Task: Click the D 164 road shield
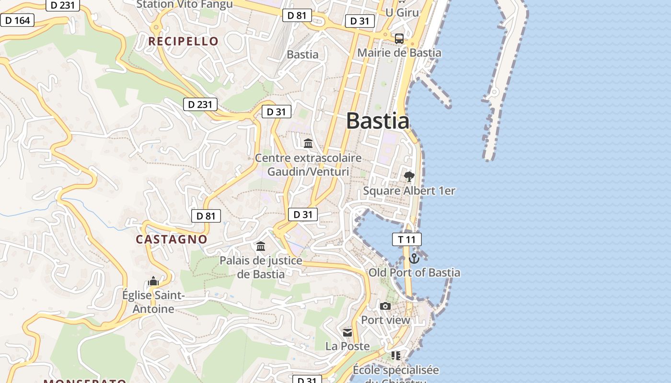point(17,20)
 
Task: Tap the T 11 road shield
point(406,239)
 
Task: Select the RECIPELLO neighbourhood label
point(183,41)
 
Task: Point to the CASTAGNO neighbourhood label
point(172,239)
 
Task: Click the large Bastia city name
point(378,121)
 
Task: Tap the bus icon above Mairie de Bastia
point(399,38)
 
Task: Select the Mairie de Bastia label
point(399,53)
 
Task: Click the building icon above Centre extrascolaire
point(308,143)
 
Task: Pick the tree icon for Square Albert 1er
point(409,177)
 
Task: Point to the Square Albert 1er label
point(409,191)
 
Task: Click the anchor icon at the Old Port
point(414,259)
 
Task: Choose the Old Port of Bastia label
point(414,273)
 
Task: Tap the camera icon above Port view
point(385,306)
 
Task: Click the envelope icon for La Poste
point(347,332)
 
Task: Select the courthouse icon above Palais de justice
point(261,247)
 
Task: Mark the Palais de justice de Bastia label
point(261,267)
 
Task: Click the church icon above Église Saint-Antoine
point(153,281)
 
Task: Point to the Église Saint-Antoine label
point(153,302)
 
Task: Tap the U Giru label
point(402,12)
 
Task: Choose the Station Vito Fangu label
point(185,4)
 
